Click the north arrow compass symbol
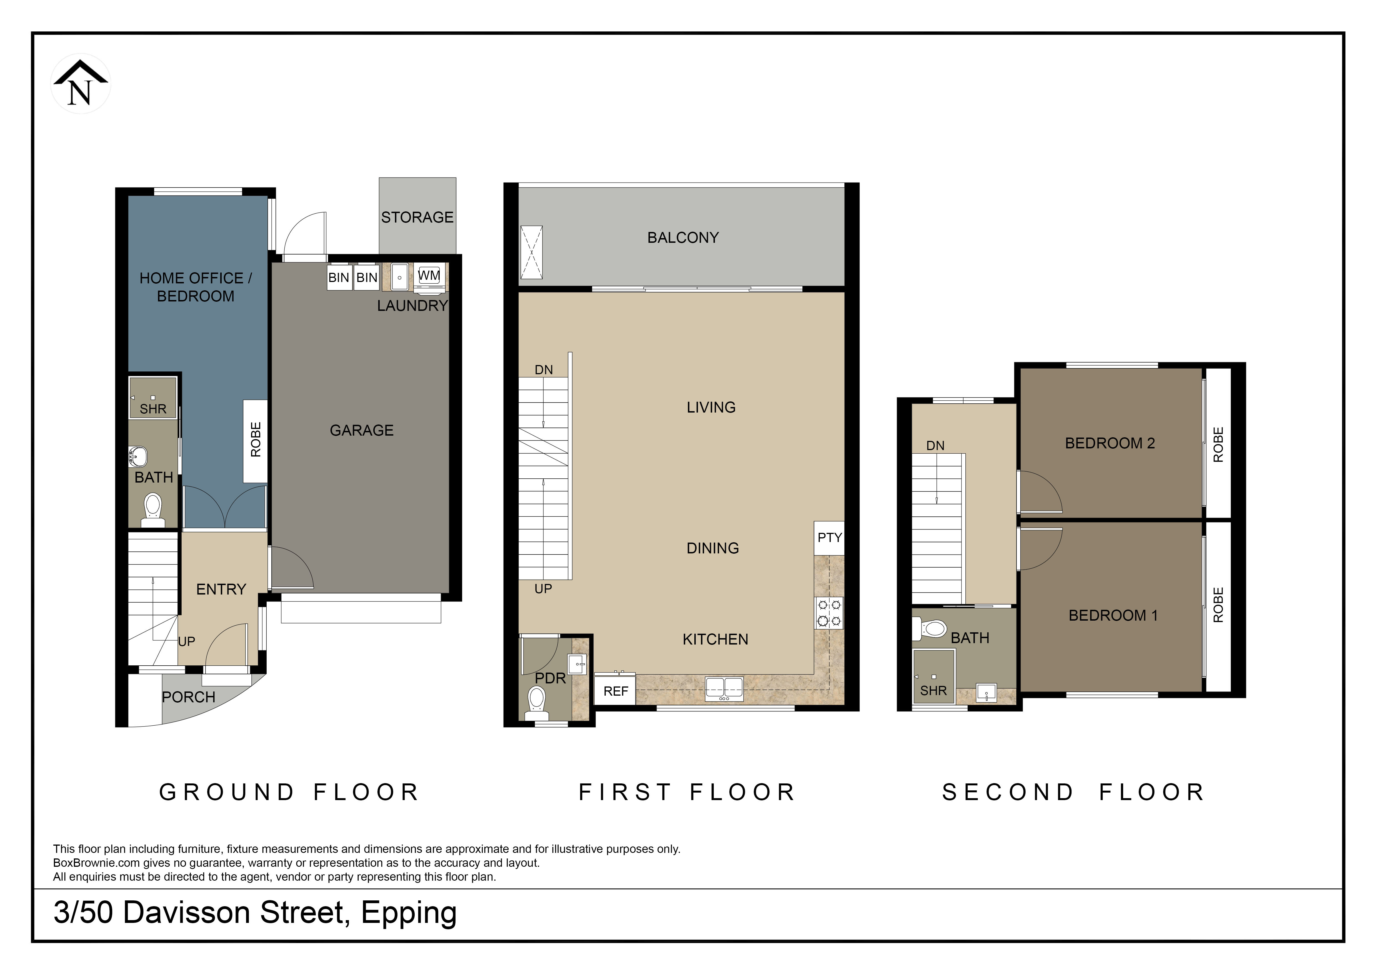tap(80, 83)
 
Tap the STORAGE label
tap(417, 217)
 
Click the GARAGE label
tap(362, 430)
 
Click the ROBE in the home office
tap(256, 441)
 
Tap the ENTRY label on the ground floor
tap(221, 589)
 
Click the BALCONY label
tap(683, 238)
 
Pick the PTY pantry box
tap(829, 537)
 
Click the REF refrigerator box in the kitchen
tap(615, 691)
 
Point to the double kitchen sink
tap(725, 688)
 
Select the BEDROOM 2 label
tap(1110, 443)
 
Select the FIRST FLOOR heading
tap(687, 792)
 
